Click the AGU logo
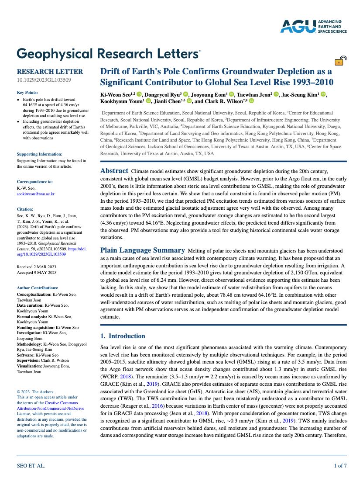coord(313,26)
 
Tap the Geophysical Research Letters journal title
coord(108,54)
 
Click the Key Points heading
coord(27,93)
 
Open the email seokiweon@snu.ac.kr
coord(36,193)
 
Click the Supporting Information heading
coord(39,154)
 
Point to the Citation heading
coord(25,209)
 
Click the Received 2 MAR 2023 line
coord(36,267)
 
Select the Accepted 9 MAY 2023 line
coord(37,273)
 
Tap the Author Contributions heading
coord(37,288)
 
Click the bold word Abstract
coord(114,171)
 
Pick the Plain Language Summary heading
coord(142,250)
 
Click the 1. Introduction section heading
coord(123,336)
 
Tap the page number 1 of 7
coord(340,466)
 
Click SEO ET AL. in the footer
coord(31,466)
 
